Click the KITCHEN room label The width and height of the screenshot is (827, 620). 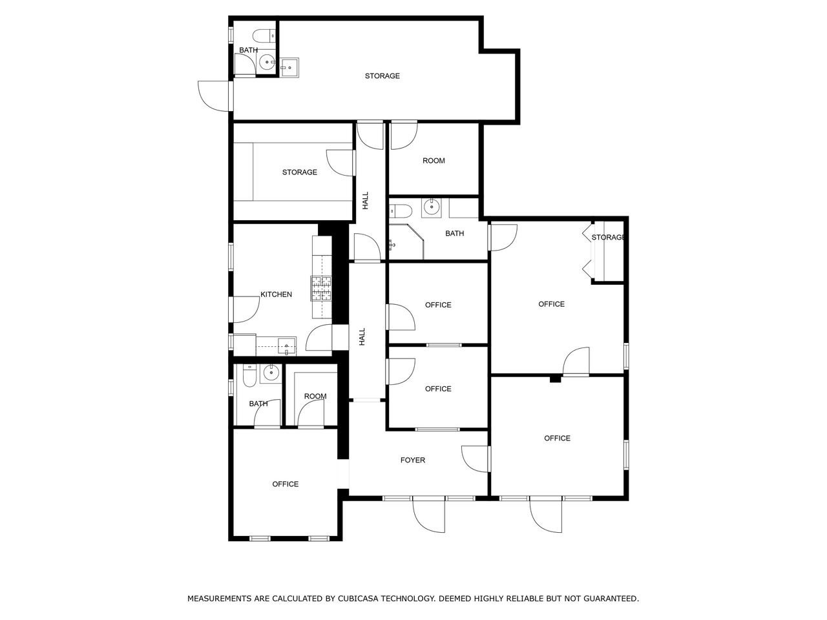point(276,294)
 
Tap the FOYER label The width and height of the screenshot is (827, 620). point(413,460)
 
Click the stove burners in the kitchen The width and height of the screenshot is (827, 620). point(321,288)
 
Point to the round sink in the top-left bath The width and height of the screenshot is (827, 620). point(267,63)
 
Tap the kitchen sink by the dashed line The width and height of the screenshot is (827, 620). point(285,346)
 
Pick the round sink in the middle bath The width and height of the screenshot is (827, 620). point(431,207)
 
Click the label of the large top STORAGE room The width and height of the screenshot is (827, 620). point(382,76)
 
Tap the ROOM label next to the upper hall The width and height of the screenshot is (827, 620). point(434,161)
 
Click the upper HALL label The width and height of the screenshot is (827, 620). point(366,200)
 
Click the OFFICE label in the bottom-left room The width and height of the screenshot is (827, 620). point(285,484)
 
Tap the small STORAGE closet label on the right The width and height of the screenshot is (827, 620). point(608,238)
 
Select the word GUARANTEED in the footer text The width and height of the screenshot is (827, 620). point(611,599)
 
